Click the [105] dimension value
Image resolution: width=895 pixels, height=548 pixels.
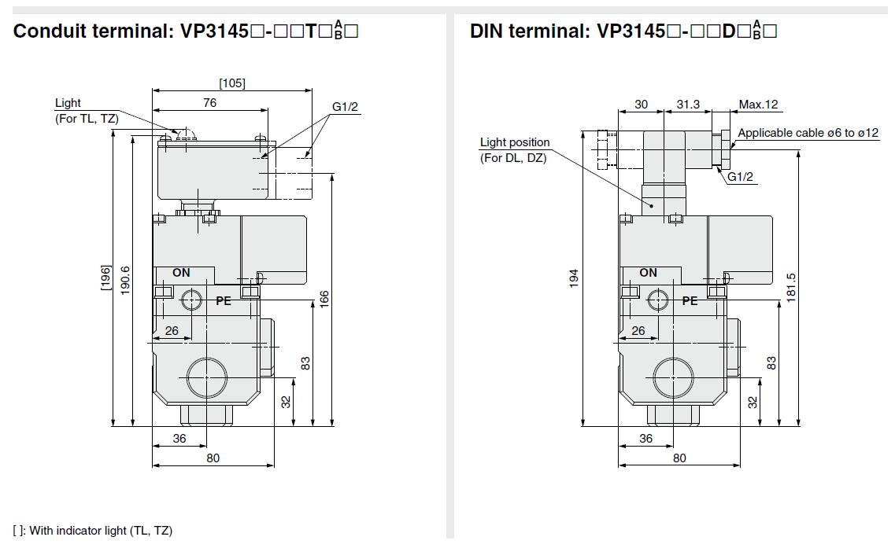point(232,83)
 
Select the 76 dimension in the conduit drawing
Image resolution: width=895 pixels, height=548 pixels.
point(209,102)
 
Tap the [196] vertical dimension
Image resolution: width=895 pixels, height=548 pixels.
point(105,278)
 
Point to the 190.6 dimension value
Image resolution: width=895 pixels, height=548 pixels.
point(125,279)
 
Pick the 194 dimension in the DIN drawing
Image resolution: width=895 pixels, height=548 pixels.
point(574,278)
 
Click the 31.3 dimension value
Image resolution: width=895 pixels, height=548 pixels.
point(688,105)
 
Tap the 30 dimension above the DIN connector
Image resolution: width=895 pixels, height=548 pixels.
point(641,105)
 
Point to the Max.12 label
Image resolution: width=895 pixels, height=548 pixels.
point(758,105)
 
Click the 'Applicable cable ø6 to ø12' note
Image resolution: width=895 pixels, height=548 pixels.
point(808,133)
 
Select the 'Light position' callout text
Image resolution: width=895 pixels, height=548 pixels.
point(515,142)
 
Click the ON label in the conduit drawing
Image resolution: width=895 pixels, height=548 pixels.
point(181,273)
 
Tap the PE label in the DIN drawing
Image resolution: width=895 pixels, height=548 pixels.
point(690,300)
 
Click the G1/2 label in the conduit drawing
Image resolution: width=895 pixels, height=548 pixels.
point(346,107)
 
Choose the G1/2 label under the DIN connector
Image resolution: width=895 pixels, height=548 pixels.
point(740,176)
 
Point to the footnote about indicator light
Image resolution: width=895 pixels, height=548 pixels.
point(93,530)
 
